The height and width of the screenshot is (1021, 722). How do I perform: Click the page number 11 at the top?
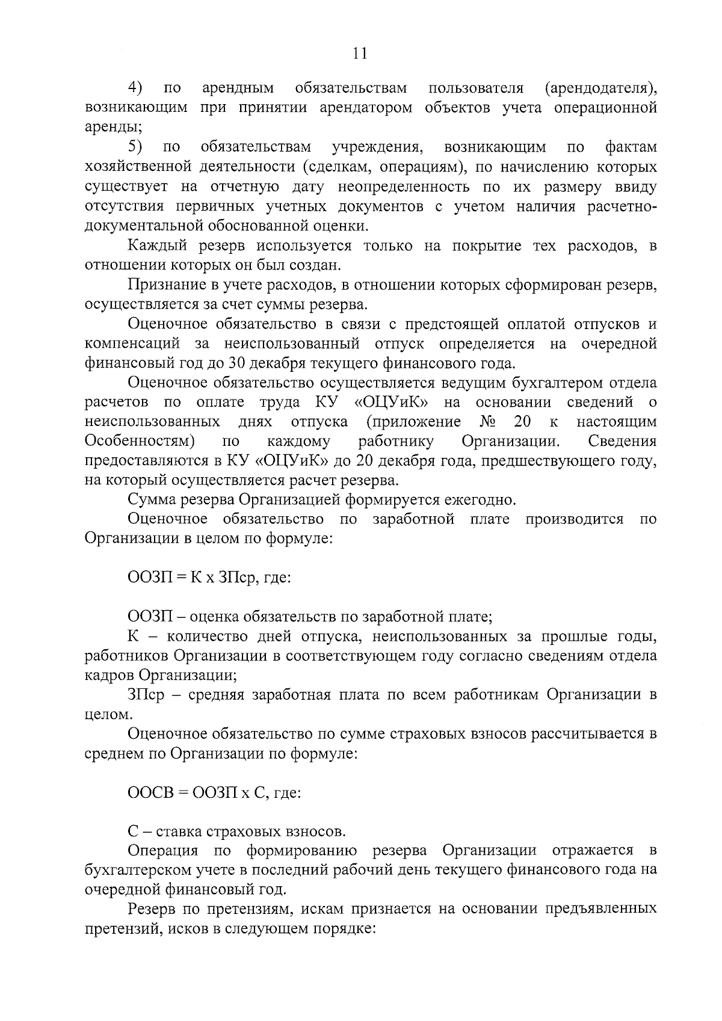click(x=360, y=54)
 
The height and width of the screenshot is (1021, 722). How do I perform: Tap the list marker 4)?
click(x=135, y=88)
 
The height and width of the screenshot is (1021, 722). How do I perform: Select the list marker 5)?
click(x=135, y=147)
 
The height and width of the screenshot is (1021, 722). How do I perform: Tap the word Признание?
click(x=166, y=285)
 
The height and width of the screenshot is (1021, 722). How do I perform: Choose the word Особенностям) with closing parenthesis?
click(x=140, y=441)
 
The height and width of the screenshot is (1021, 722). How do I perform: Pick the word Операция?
click(x=163, y=851)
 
